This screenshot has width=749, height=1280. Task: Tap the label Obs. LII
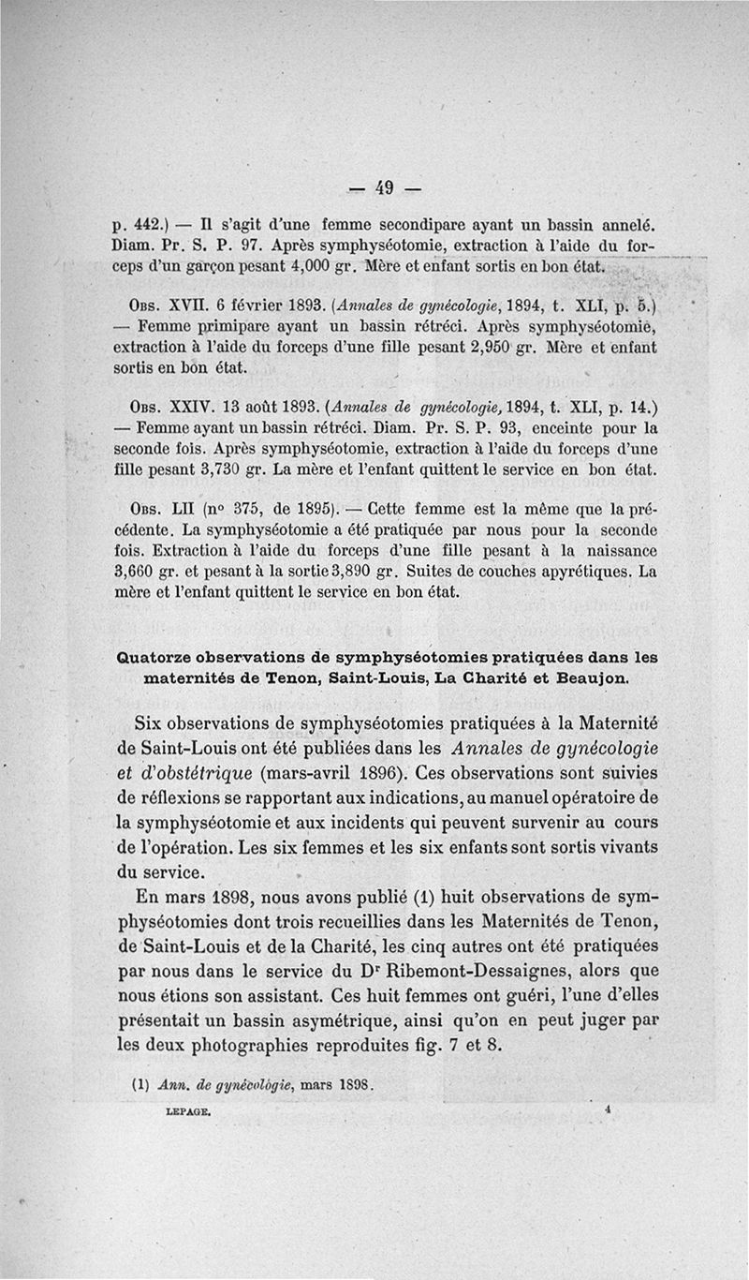(x=151, y=511)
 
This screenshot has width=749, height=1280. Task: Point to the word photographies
(x=238, y=1045)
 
